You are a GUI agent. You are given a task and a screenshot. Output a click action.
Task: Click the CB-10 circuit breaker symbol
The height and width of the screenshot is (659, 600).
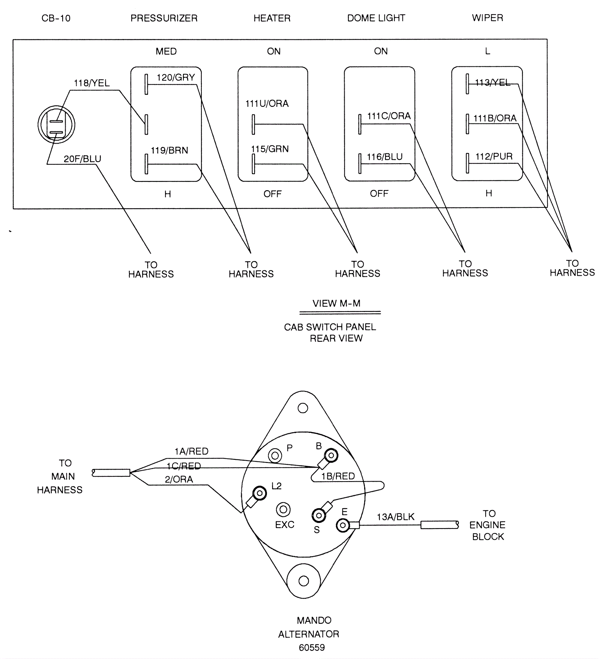coord(56,125)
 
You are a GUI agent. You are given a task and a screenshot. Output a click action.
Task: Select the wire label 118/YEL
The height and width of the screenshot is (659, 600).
coord(92,83)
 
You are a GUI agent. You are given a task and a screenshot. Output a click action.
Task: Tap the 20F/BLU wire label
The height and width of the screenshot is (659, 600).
coord(82,159)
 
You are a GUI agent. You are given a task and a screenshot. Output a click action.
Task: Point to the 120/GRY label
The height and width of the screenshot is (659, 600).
coord(176,77)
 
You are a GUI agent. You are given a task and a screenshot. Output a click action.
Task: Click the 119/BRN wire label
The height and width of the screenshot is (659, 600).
coord(169,150)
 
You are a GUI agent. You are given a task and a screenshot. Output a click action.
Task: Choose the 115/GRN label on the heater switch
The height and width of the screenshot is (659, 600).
coord(270,149)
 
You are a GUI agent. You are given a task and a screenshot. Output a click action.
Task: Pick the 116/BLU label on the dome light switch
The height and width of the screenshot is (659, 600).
coord(385,157)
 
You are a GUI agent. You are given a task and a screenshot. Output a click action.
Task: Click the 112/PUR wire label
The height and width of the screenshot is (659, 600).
coord(494,156)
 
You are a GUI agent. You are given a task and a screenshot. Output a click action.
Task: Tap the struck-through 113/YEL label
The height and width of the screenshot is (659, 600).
coord(492,82)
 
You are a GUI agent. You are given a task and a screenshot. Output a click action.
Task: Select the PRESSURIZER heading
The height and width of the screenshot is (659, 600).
coord(164,18)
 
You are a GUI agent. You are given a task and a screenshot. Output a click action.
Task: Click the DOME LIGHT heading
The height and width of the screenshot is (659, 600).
coord(376,18)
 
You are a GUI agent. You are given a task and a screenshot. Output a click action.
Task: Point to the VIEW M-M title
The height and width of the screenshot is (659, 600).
coord(336,303)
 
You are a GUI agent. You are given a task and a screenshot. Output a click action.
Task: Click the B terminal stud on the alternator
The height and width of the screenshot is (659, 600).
coord(331,456)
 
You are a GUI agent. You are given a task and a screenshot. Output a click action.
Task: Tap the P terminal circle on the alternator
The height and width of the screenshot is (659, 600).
coord(275,456)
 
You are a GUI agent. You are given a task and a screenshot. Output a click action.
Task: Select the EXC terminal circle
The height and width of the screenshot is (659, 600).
coord(283,510)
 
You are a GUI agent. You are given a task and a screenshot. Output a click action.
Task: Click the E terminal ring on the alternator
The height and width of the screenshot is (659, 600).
coord(343,525)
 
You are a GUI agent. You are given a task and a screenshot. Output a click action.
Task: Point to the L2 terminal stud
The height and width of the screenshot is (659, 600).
coord(259,493)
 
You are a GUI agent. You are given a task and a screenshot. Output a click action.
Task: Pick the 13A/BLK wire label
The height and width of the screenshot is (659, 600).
coord(396,517)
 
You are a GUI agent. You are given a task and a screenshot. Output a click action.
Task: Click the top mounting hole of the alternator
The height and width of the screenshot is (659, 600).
coord(303,408)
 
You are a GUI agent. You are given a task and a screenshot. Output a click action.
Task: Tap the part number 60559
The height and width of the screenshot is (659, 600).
coord(312,647)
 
